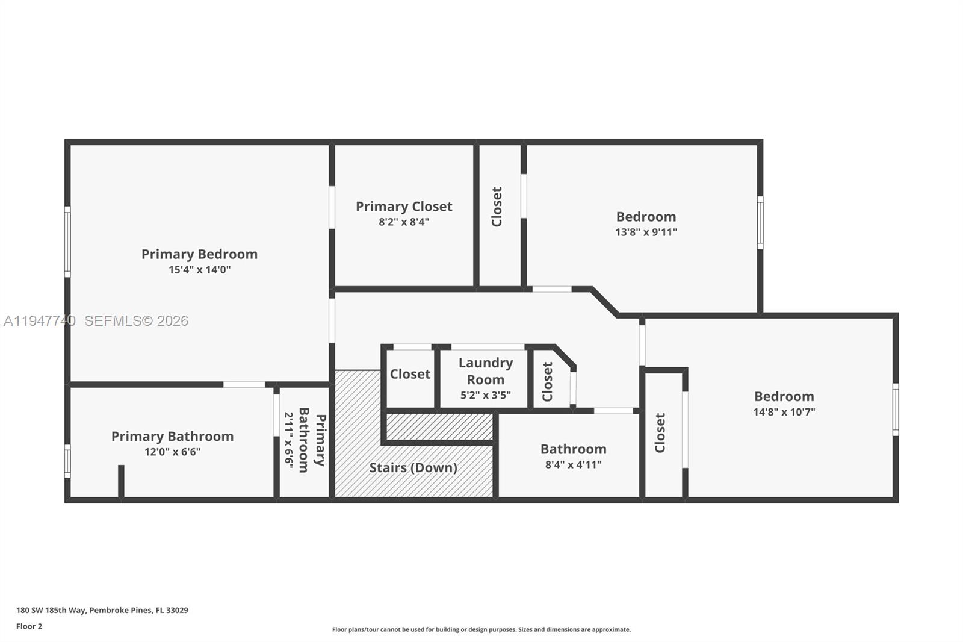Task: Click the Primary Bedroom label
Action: [x=199, y=254]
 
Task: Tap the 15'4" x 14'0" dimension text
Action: [x=199, y=270]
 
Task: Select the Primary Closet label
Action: [x=404, y=207]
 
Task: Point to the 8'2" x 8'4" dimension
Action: [x=404, y=222]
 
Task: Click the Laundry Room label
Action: [x=486, y=371]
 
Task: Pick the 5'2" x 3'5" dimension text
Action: [x=486, y=395]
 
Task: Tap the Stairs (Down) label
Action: [x=413, y=467]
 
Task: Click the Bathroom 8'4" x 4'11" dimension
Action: [x=573, y=464]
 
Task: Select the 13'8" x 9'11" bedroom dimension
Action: [x=646, y=232]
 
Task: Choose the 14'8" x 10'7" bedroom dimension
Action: [x=784, y=412]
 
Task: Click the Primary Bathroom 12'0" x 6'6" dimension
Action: [x=172, y=452]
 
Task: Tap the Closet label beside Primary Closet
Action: [x=497, y=207]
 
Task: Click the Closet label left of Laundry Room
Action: [x=410, y=374]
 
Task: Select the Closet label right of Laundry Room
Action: [x=548, y=381]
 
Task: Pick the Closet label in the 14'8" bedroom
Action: [x=660, y=432]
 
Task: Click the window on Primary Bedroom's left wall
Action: [x=67, y=242]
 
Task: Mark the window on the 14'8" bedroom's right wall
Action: [x=895, y=410]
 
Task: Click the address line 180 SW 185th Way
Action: [x=102, y=610]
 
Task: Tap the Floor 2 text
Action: [x=29, y=626]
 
